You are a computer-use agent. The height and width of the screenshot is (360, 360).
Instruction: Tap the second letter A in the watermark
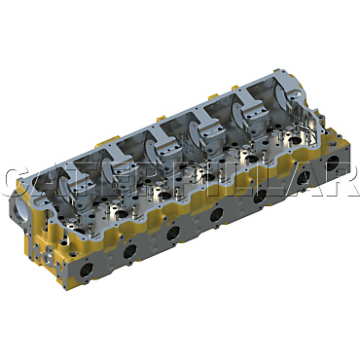click(x=295, y=184)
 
